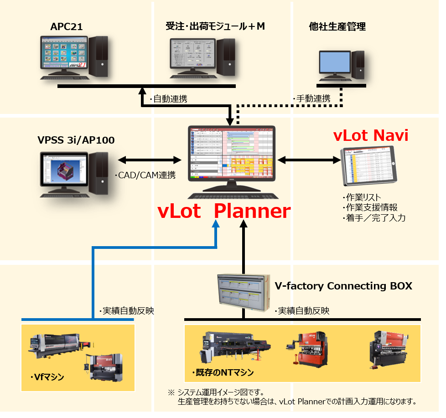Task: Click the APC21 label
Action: click(67, 27)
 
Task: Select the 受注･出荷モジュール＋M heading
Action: click(215, 26)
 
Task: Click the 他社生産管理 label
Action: click(337, 27)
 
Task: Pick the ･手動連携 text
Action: click(311, 98)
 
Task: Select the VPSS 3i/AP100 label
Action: click(76, 140)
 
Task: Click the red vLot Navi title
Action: click(370, 135)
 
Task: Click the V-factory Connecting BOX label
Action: click(343, 286)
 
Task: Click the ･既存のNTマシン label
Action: click(220, 372)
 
